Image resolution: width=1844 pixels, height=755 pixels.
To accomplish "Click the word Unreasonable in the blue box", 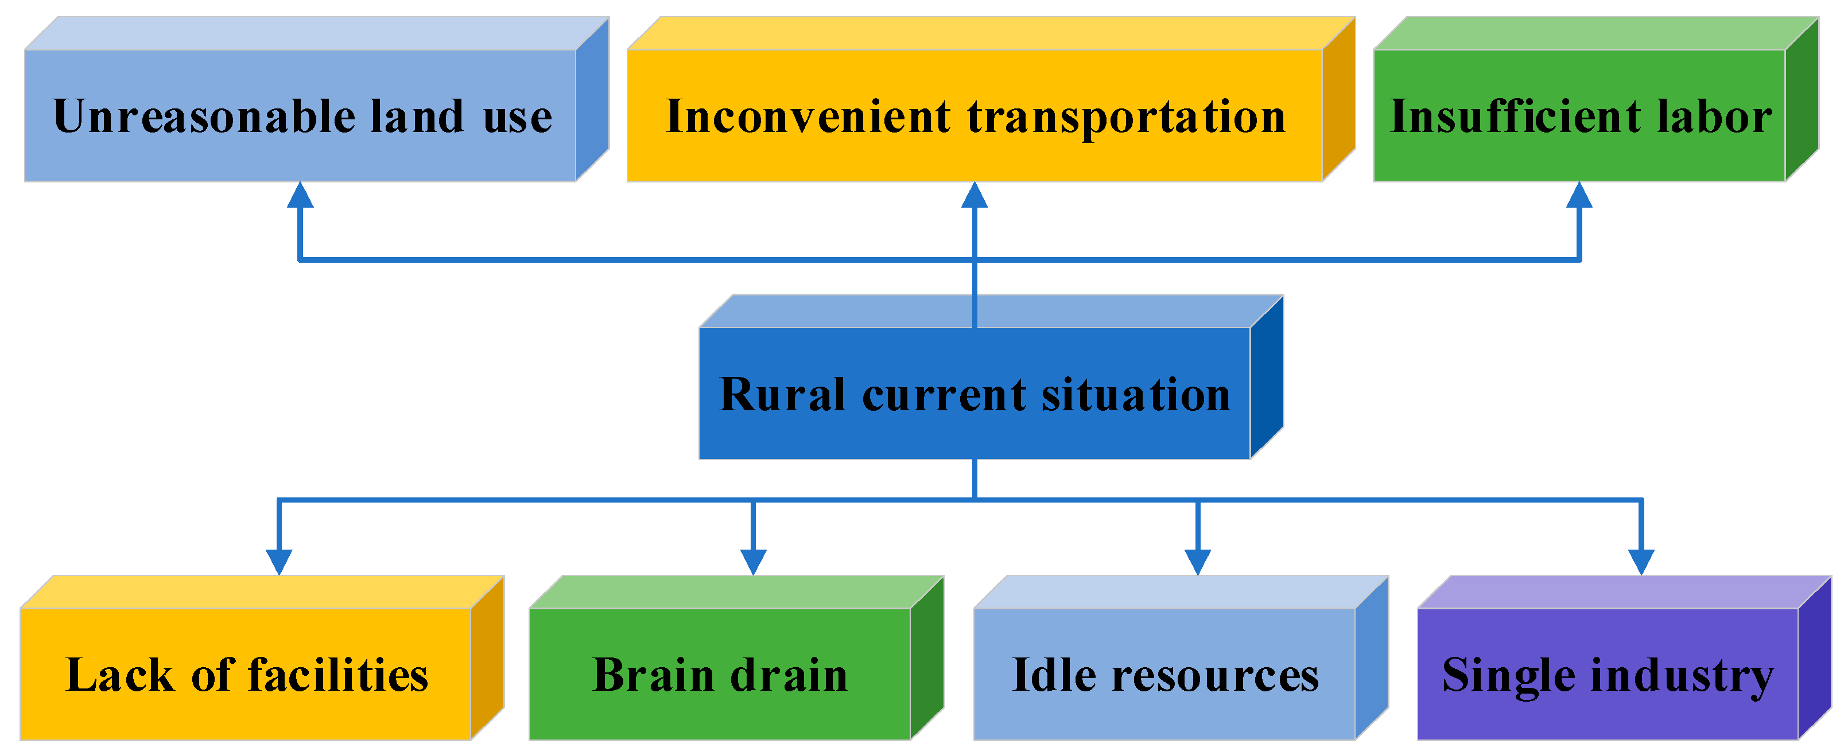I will (203, 116).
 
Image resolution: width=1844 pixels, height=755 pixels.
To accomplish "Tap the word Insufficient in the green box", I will (1515, 116).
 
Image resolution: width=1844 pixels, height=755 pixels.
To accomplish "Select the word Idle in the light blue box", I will (1054, 675).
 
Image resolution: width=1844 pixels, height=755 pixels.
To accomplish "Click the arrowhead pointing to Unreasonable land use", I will (300, 196).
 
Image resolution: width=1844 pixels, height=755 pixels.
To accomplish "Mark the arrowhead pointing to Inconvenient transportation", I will (975, 196).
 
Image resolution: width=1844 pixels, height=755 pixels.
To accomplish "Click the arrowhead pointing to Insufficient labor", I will (1579, 196).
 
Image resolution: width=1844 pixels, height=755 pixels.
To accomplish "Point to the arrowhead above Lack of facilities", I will (278, 561).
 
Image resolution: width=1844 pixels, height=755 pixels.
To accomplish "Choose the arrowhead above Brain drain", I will (753, 561).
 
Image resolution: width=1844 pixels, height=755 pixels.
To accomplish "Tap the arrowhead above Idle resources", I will (1198, 561).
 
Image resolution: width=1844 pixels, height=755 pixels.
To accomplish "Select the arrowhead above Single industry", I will (1641, 561).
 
